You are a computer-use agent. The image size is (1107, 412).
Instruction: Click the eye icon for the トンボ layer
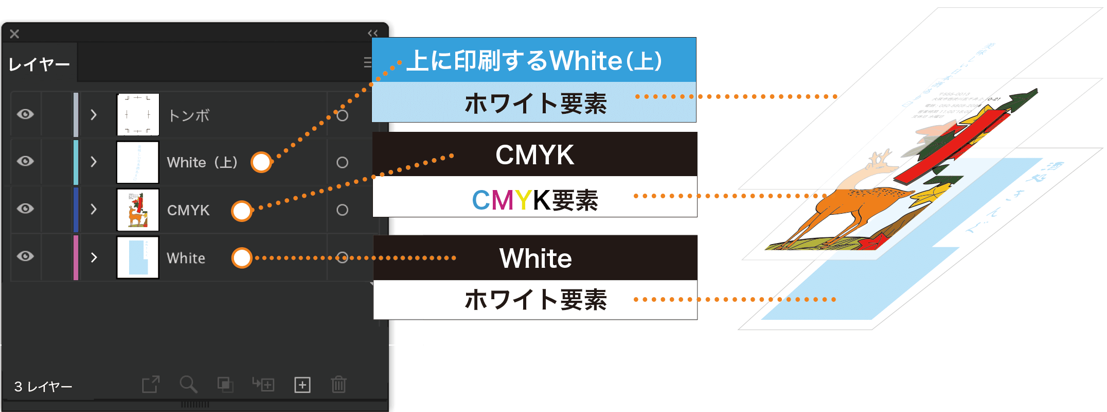click(25, 114)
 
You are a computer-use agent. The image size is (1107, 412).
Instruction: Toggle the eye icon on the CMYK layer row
click(25, 209)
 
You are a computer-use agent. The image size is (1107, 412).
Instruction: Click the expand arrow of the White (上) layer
click(94, 162)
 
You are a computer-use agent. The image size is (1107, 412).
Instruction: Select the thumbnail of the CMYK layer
click(138, 210)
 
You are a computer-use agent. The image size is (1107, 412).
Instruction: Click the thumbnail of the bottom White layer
click(138, 257)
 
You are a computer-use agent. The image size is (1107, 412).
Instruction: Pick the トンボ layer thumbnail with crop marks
click(138, 114)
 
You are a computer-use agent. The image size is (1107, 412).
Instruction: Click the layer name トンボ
click(189, 115)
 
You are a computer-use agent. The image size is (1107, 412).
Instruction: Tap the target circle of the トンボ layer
click(342, 115)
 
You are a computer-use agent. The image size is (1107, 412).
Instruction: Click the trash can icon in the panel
click(338, 384)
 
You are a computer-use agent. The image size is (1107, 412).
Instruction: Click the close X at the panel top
click(14, 34)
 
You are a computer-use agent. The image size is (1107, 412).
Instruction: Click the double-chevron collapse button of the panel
click(373, 33)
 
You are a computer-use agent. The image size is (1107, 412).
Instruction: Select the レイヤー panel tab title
click(39, 64)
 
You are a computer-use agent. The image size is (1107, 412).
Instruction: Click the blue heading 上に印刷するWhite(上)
click(534, 60)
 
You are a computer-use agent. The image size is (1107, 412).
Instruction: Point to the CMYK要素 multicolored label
click(535, 200)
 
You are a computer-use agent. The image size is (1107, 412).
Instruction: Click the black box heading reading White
click(535, 258)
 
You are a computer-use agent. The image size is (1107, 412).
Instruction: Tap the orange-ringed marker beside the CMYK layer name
click(242, 211)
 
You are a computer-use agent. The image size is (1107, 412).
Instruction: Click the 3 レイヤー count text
click(43, 387)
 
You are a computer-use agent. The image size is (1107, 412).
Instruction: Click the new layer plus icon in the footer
click(302, 385)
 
